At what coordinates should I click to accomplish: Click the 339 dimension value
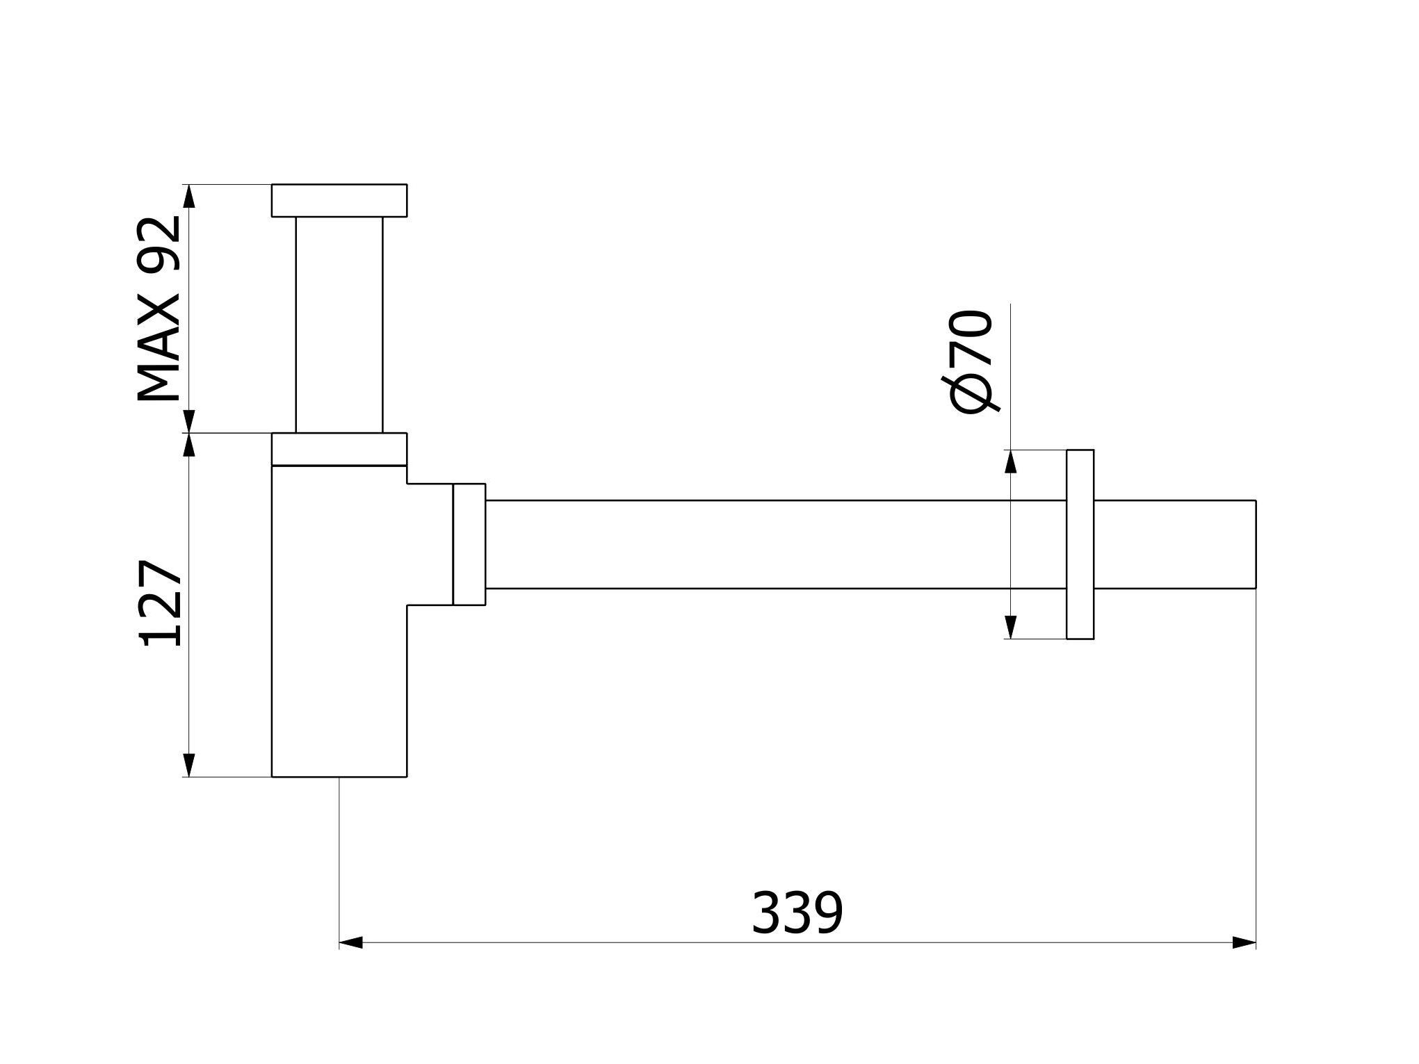797,913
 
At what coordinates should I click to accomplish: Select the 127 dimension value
161,603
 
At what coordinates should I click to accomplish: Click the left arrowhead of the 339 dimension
350,943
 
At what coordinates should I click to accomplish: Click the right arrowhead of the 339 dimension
1244,943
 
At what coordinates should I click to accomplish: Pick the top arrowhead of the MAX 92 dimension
188,196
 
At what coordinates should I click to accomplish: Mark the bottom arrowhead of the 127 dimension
188,764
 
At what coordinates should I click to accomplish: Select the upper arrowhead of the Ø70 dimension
1011,461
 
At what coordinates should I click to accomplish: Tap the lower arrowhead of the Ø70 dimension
1011,627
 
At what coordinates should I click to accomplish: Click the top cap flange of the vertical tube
339,200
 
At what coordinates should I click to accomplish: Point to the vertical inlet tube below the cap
339,324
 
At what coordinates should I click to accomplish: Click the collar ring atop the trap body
339,449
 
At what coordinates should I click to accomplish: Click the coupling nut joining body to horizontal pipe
469,544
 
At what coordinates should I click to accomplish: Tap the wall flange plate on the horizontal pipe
1080,544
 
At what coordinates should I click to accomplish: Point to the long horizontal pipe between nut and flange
772,544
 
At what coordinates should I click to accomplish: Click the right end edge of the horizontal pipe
1255,544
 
